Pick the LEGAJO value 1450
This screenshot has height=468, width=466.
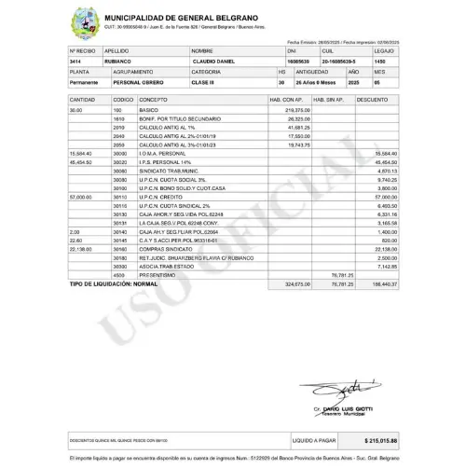379,61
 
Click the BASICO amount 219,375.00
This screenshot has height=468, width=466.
295,110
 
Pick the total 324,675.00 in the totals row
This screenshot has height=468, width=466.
295,283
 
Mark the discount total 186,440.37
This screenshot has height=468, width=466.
382,283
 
